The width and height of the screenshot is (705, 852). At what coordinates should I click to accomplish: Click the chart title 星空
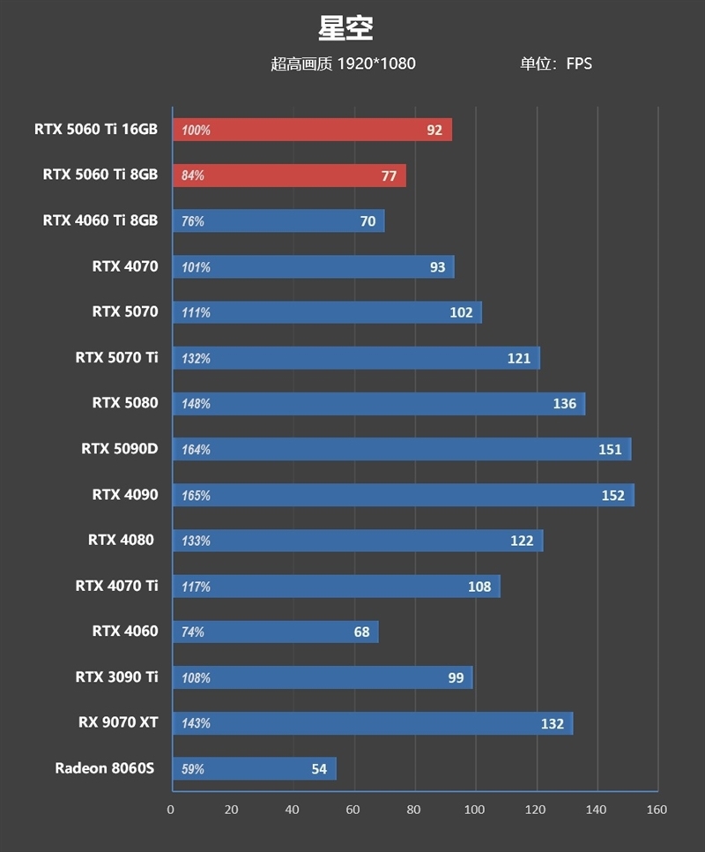346,28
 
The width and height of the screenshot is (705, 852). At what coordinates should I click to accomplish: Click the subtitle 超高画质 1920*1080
343,64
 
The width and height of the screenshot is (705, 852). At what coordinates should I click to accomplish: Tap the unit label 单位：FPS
555,64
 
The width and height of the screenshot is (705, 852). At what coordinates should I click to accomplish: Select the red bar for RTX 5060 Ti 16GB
312,130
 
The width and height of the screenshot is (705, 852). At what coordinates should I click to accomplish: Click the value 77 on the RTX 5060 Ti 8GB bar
389,176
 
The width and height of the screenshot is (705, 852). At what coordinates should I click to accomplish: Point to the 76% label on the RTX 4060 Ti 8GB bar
193,221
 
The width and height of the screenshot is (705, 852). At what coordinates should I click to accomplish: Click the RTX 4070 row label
125,265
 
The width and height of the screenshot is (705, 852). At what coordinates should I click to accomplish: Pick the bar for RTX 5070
326,312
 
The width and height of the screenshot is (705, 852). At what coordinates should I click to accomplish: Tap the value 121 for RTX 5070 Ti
519,358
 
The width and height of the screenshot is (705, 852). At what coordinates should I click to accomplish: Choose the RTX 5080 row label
125,403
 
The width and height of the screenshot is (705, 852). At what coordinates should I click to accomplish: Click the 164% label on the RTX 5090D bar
196,450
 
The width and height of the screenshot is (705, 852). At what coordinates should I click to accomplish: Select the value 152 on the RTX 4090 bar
613,496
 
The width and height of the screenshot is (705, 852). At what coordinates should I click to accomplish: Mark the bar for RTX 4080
357,541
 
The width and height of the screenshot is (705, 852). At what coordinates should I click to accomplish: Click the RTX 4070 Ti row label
117,585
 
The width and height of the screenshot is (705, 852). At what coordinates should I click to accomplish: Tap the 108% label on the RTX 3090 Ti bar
196,678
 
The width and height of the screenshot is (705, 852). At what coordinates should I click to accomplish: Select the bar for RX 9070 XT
372,723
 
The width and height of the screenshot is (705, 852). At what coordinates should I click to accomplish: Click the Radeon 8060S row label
105,768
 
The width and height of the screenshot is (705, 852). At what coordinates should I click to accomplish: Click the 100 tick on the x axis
475,810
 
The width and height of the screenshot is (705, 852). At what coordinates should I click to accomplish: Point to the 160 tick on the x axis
657,810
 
